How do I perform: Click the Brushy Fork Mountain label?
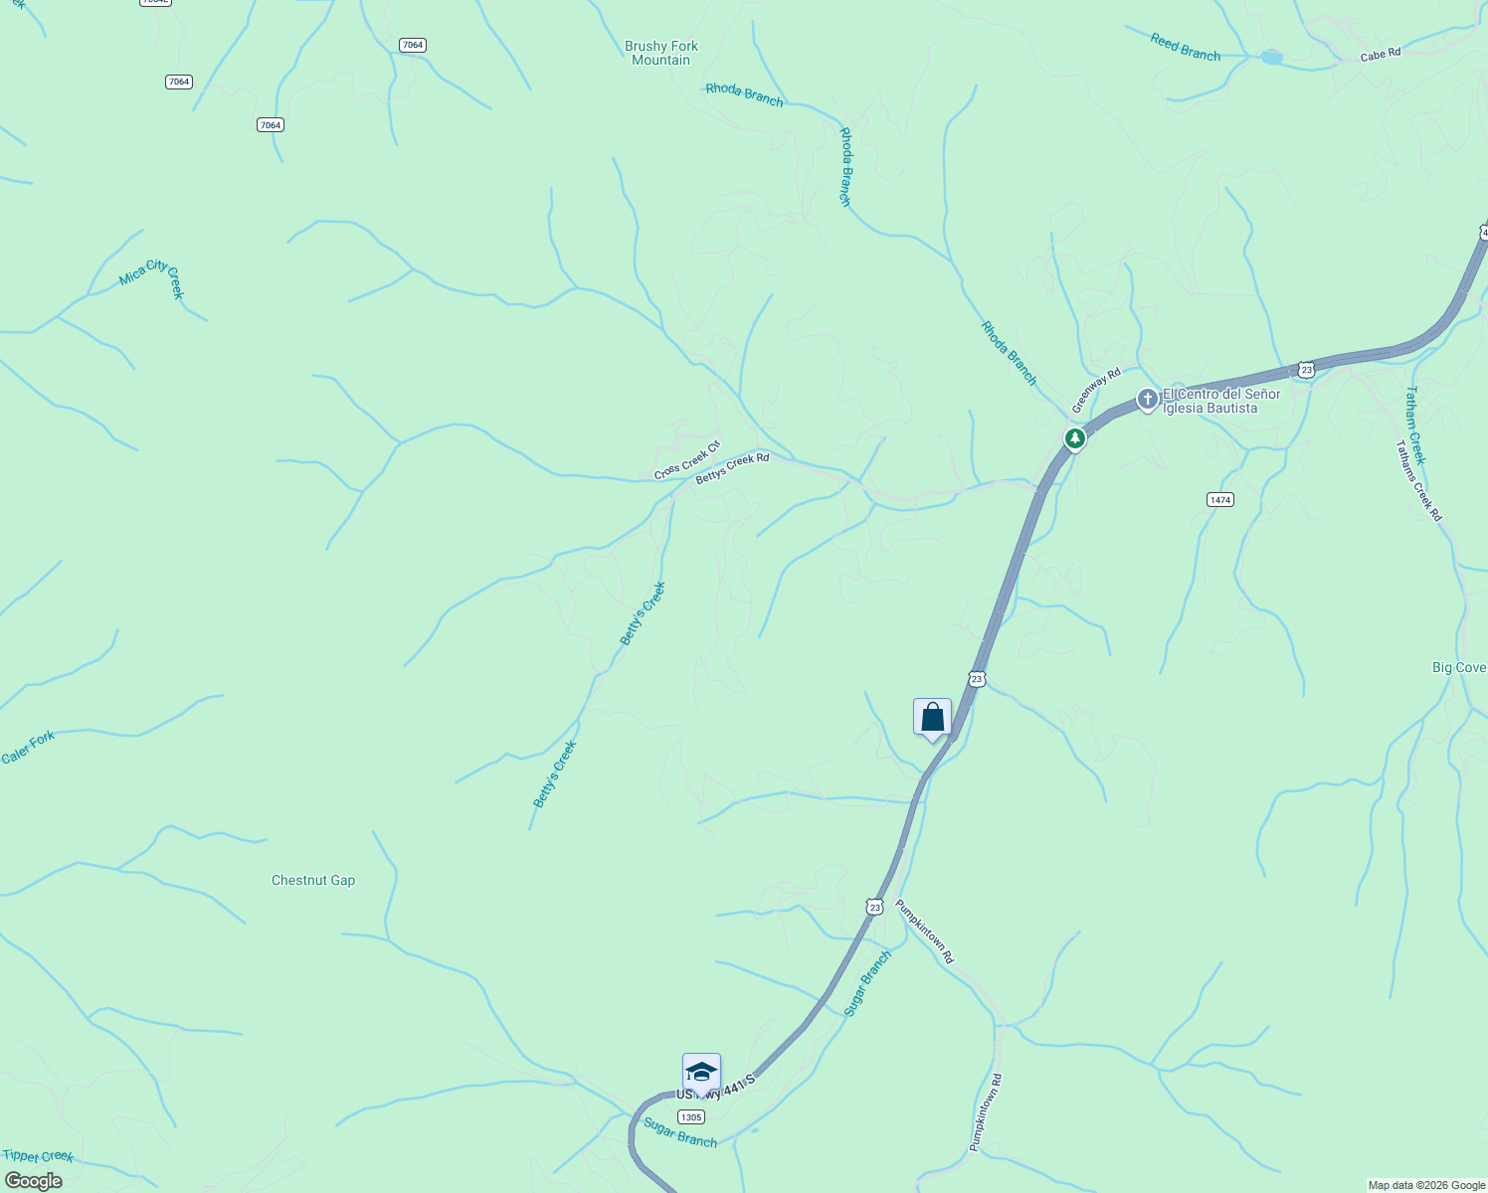(x=661, y=53)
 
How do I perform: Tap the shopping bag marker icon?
(x=932, y=717)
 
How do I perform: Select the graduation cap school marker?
(x=701, y=1072)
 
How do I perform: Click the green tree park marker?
(x=1074, y=437)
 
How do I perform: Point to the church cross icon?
(x=1147, y=400)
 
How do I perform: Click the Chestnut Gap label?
(x=313, y=880)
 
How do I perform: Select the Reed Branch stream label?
(x=1185, y=47)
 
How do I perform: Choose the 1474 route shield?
(x=1220, y=499)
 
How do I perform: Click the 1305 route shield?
(x=691, y=1117)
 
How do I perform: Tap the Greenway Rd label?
(x=1096, y=391)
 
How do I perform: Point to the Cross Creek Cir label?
(x=686, y=460)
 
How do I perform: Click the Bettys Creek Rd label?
(x=732, y=469)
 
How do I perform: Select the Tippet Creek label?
(x=38, y=1156)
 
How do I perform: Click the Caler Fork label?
(x=28, y=748)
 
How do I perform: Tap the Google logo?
(x=33, y=1181)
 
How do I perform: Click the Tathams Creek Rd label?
(x=1418, y=481)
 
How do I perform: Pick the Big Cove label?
(x=1458, y=668)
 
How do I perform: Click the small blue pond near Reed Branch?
(x=1271, y=58)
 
